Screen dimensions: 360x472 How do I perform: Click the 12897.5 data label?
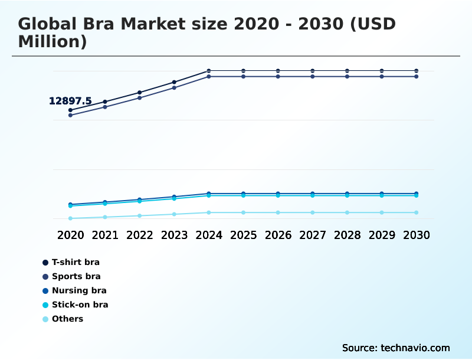pyautogui.click(x=70, y=101)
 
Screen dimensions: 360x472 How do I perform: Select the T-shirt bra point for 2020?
pyautogui.click(x=70, y=110)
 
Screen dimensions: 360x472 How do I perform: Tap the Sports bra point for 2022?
pyautogui.click(x=139, y=97)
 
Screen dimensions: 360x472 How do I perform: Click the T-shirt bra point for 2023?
pyautogui.click(x=174, y=82)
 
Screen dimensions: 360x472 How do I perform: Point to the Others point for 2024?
pyautogui.click(x=209, y=212)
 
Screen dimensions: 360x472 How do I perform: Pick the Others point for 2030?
pyautogui.click(x=416, y=212)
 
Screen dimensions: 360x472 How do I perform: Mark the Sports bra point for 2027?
pyautogui.click(x=312, y=77)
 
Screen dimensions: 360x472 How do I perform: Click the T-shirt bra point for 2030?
pyautogui.click(x=416, y=71)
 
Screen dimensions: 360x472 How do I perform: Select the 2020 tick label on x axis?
pyautogui.click(x=70, y=235)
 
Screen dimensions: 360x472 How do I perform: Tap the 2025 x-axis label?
pyautogui.click(x=243, y=235)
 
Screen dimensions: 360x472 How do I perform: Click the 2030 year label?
pyautogui.click(x=416, y=235)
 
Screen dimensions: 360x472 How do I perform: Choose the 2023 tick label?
pyautogui.click(x=174, y=235)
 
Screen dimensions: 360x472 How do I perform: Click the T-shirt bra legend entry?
pyautogui.click(x=76, y=262)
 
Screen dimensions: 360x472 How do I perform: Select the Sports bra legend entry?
pyautogui.click(x=76, y=276)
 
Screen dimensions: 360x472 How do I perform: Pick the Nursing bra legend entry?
pyautogui.click(x=79, y=290)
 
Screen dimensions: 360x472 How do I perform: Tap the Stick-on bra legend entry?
pyautogui.click(x=80, y=305)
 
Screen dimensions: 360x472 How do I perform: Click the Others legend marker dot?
pyautogui.click(x=45, y=319)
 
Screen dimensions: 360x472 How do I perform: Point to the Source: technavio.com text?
pyautogui.click(x=396, y=348)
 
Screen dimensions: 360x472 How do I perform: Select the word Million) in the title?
pyautogui.click(x=53, y=42)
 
